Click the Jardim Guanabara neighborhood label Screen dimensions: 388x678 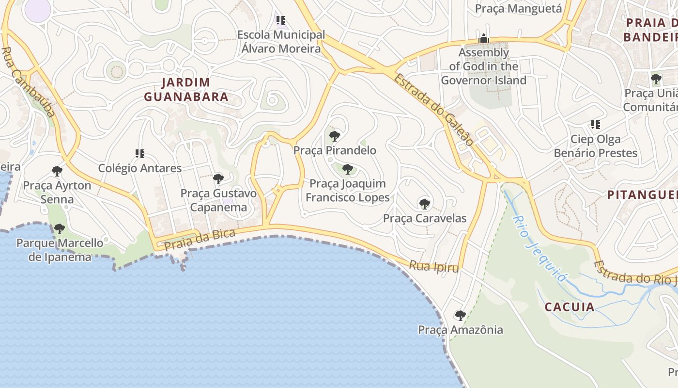(x=186, y=89)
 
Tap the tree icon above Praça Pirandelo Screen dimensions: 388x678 (x=334, y=136)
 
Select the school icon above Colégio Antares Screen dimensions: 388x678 (x=140, y=154)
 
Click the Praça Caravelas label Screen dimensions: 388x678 (x=425, y=218)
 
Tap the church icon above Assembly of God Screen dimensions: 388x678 (x=483, y=38)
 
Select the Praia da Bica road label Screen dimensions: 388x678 (x=200, y=240)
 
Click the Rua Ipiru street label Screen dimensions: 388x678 (x=433, y=266)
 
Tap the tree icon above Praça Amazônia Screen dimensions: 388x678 (x=460, y=316)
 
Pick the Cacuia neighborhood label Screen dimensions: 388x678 (x=570, y=307)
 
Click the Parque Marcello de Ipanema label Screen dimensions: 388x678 (x=60, y=249)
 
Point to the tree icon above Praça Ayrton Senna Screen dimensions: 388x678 (x=57, y=171)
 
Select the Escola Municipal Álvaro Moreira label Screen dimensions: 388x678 (x=281, y=42)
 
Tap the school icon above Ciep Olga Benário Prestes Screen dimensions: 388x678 (x=595, y=125)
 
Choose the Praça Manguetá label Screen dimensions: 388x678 (x=518, y=8)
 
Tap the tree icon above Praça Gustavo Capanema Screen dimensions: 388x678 (x=218, y=179)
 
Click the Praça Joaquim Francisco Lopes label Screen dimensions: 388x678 (x=347, y=190)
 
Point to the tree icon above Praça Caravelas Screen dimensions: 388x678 (x=425, y=204)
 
